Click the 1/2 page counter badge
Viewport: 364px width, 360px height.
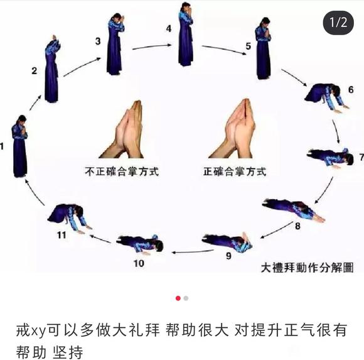(x=338, y=23)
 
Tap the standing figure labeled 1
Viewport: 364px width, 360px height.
(x=20, y=146)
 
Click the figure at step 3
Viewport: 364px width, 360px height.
(x=114, y=46)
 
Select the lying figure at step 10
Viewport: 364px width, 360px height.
(x=141, y=243)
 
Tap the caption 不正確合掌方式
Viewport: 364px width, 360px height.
(x=120, y=171)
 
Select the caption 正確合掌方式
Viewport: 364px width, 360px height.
(x=234, y=171)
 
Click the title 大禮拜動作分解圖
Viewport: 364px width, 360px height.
(x=307, y=268)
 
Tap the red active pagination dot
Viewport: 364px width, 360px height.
(x=178, y=298)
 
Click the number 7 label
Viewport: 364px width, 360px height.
(x=361, y=156)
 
